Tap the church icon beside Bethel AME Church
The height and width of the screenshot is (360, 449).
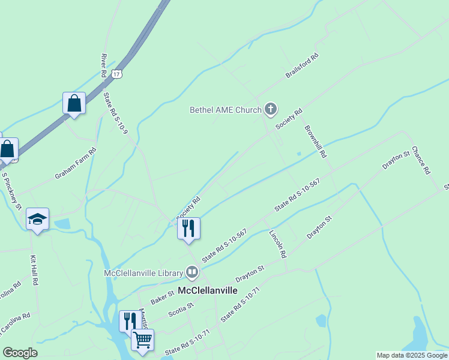271,109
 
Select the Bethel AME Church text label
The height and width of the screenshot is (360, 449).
225,110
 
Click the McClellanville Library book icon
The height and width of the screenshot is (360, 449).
192,273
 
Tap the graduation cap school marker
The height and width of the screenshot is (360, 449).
37,220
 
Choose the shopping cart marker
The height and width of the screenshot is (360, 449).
142,340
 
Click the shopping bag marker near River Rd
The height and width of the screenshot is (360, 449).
74,103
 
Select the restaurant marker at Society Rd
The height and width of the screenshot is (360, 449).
188,229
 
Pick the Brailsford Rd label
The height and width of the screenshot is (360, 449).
301,67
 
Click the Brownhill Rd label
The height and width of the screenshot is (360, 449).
315,141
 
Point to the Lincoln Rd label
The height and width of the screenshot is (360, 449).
277,243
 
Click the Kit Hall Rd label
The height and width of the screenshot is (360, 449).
34,270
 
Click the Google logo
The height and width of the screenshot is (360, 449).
20,353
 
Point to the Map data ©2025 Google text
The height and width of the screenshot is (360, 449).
412,355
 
